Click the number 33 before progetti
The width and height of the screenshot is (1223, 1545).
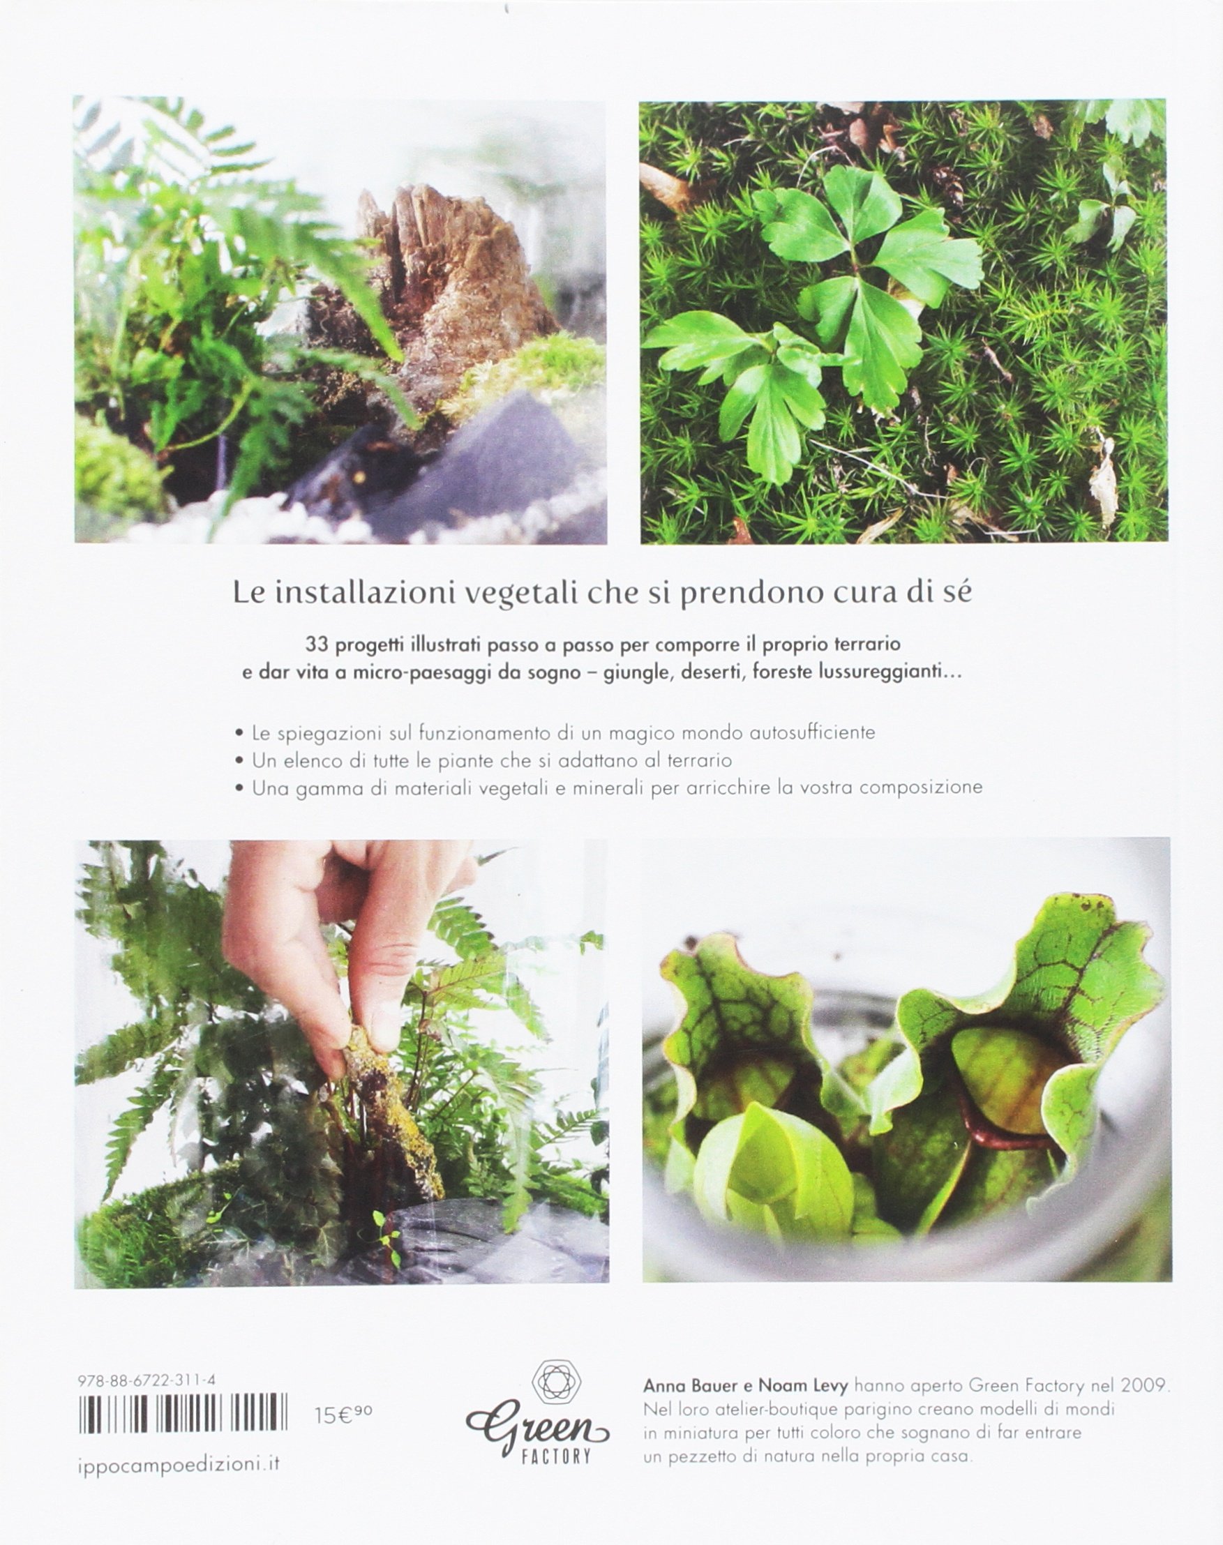pos(317,644)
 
